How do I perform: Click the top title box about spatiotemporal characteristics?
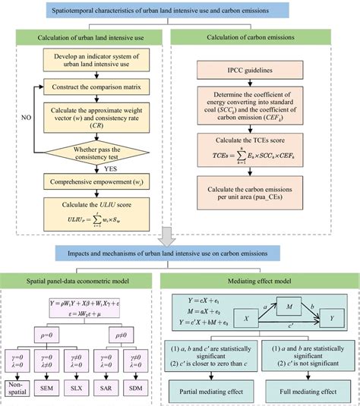pyautogui.click(x=180, y=11)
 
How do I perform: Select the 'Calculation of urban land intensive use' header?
pyautogui.click(x=89, y=39)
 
